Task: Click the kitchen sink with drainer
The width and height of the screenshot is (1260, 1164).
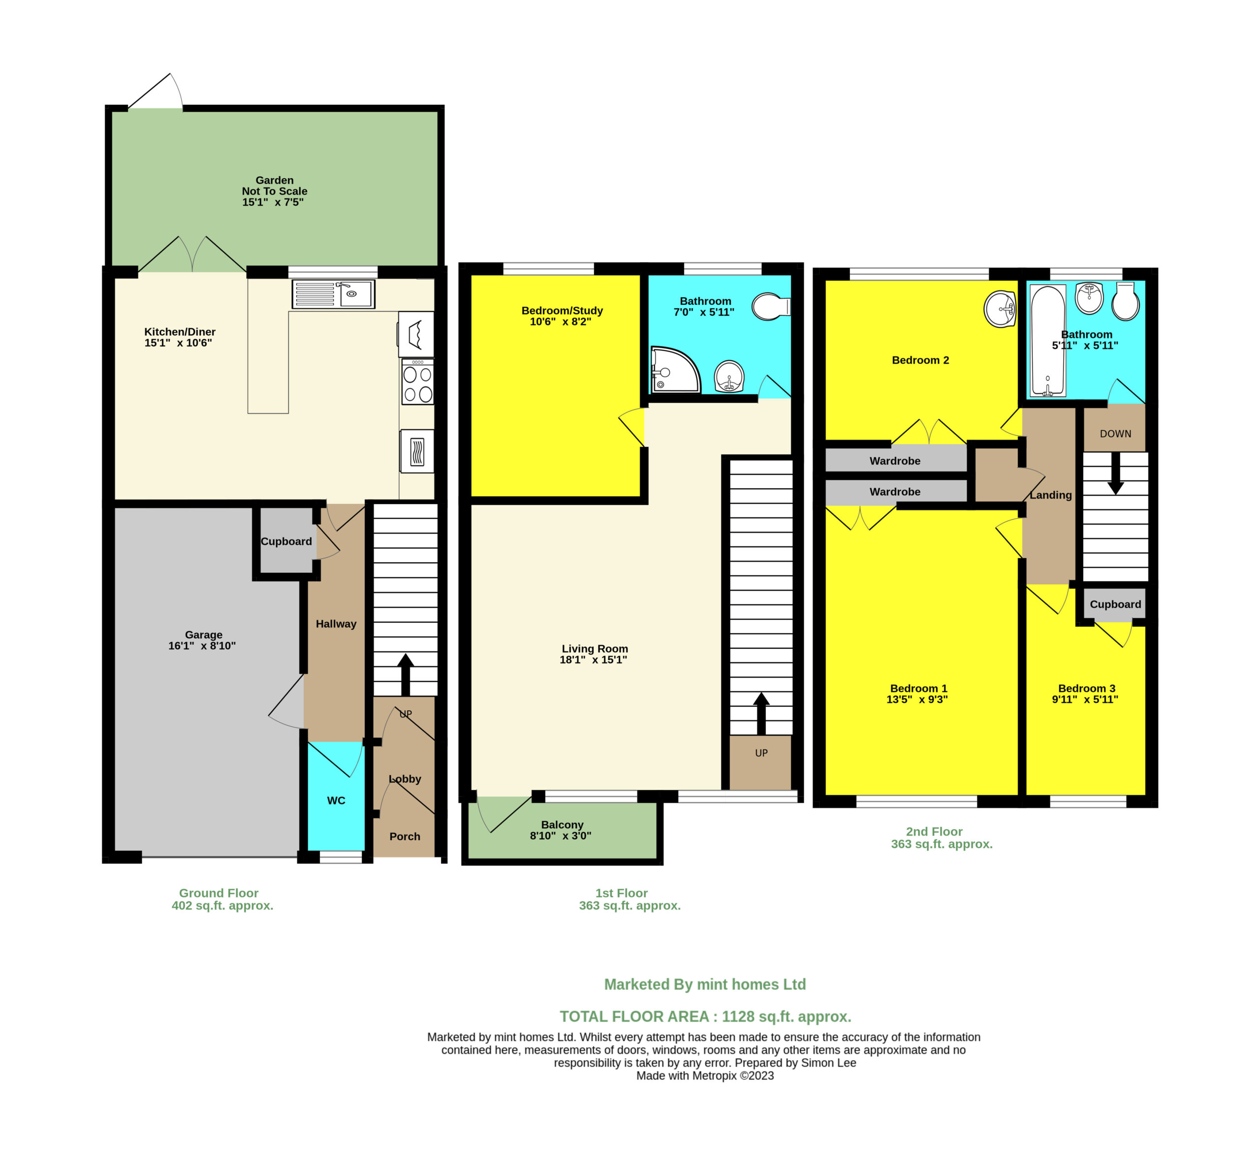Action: (x=333, y=294)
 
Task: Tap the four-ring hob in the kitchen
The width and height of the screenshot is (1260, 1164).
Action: (x=417, y=382)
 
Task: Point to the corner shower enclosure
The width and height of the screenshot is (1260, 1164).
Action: (x=675, y=369)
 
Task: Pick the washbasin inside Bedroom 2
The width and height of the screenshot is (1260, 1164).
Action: (x=1000, y=309)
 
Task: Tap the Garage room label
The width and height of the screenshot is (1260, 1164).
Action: (x=203, y=635)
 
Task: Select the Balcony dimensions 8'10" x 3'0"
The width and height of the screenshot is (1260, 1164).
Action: (x=560, y=836)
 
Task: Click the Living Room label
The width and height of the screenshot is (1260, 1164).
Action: (x=595, y=649)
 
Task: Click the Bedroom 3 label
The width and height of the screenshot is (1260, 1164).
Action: (x=1086, y=689)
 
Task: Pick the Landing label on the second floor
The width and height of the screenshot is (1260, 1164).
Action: (x=1050, y=495)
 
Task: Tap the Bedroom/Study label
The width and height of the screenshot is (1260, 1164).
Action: (x=562, y=311)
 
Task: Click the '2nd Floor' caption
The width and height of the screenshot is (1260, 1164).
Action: (x=934, y=831)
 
